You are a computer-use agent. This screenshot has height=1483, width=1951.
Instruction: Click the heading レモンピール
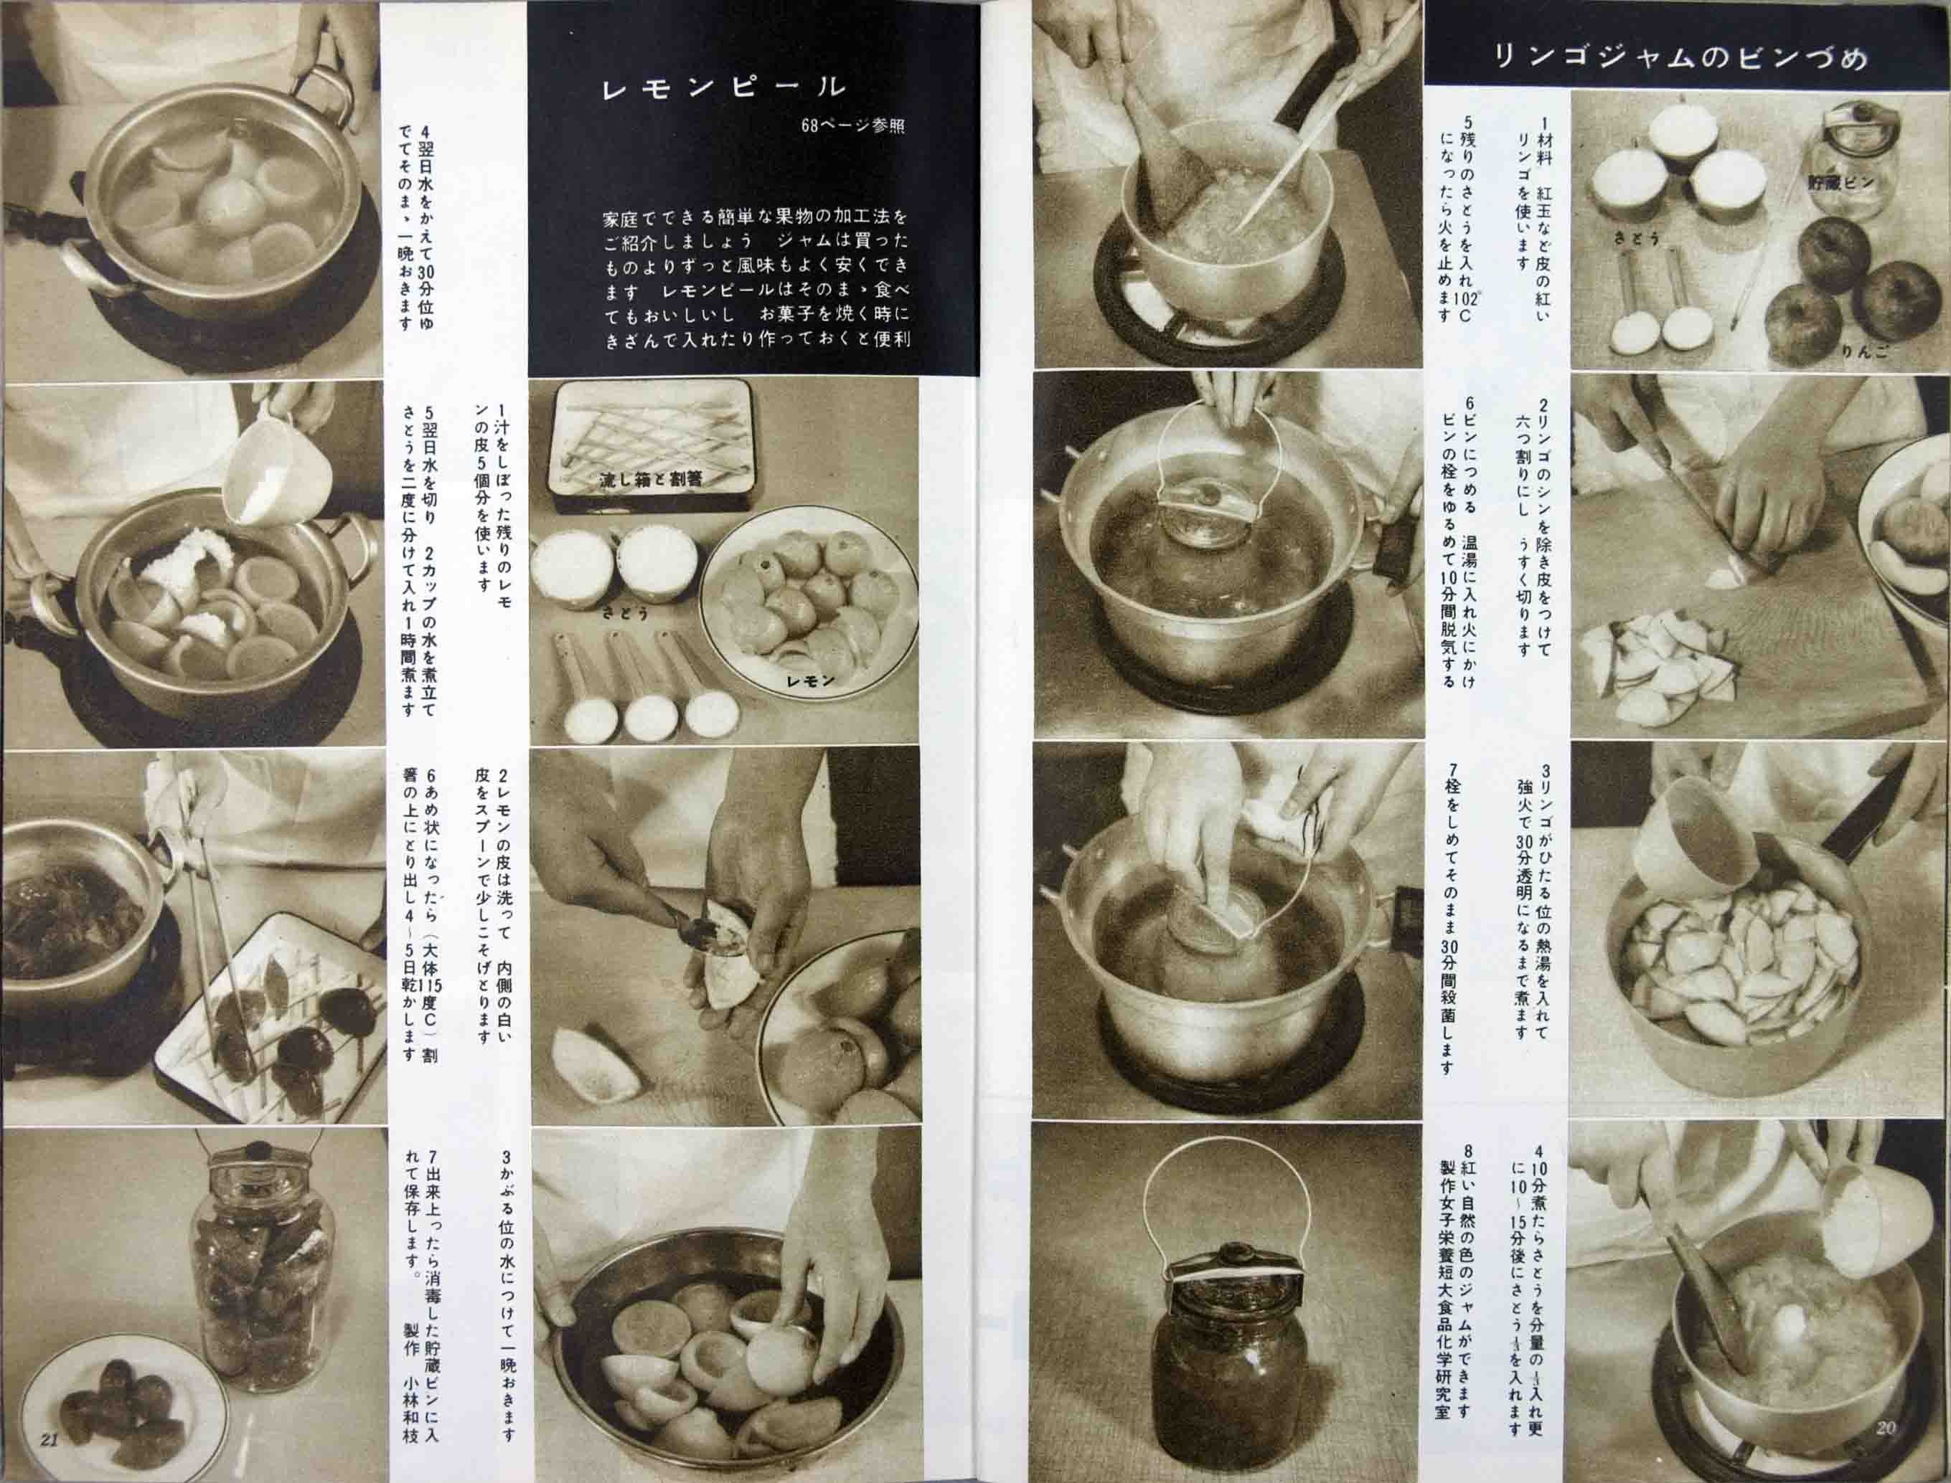click(723, 87)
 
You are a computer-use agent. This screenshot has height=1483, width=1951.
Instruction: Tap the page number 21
click(50, 1439)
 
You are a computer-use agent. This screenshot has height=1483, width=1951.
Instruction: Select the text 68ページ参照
click(852, 126)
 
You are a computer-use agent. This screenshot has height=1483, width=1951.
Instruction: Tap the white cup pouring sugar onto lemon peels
click(276, 475)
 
